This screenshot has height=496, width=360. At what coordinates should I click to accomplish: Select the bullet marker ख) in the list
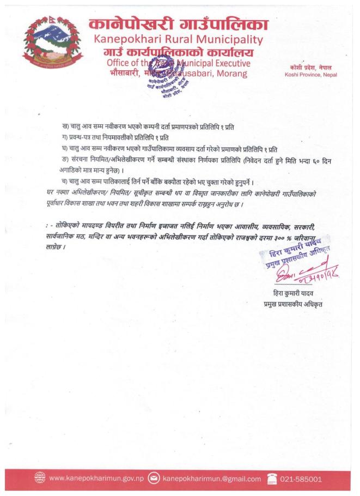pos(66,126)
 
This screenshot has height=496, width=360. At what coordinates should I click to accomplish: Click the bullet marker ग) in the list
pos(66,137)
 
